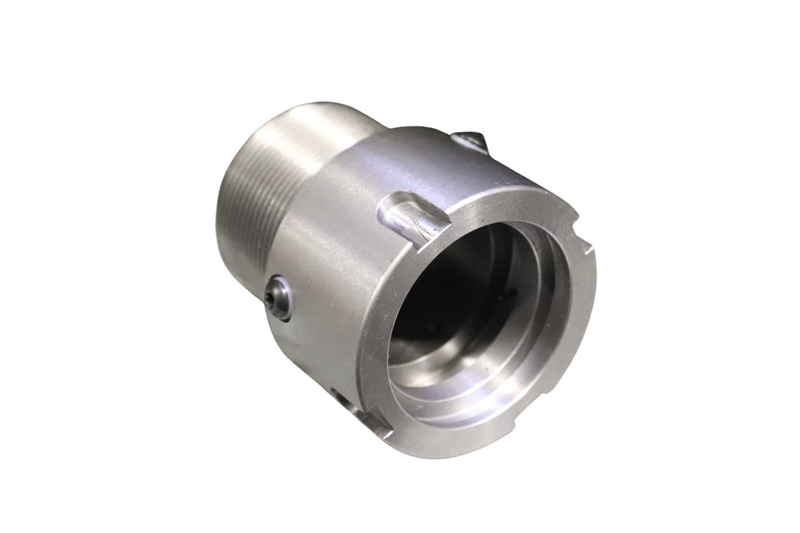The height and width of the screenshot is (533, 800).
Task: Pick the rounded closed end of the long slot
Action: pos(390,208)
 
